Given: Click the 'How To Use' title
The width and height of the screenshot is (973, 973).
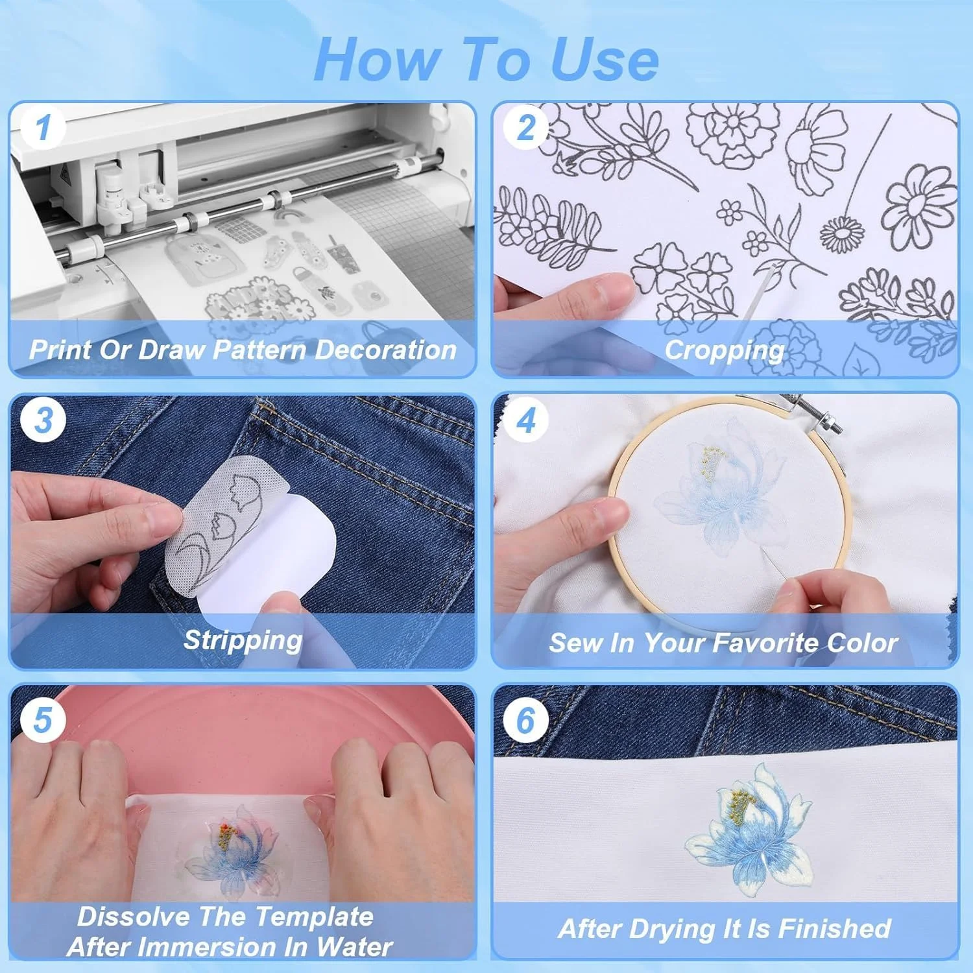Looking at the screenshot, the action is point(486,60).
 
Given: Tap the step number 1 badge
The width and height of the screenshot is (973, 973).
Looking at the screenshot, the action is point(43,127).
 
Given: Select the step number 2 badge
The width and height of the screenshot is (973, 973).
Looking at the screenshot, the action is point(526,127).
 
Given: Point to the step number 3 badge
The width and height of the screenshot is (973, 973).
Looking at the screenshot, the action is point(43,420).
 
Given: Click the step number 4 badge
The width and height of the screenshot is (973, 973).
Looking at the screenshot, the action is point(526,420).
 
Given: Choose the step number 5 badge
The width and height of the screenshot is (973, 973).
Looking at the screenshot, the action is point(43,719).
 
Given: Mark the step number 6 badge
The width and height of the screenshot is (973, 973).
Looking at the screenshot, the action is point(526,719).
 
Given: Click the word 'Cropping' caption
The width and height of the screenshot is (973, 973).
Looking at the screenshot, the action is point(724,351).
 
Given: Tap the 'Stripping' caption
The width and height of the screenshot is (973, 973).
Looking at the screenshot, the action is point(243,641).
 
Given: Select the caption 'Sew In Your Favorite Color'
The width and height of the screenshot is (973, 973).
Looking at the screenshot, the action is point(723,643).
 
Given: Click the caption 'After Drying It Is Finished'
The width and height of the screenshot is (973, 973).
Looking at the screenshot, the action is point(724,929).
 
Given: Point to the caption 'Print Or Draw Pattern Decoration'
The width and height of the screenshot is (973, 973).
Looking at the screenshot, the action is point(243,350).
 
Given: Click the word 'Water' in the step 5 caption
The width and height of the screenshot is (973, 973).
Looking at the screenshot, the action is point(354,947).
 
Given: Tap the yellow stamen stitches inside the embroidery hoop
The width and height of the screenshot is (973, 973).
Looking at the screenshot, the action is point(710,461).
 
